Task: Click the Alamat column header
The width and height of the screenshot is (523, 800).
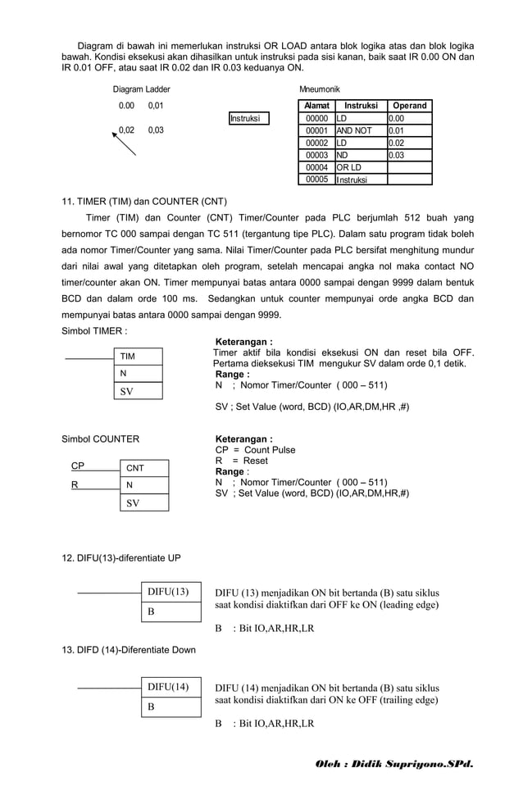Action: click(x=316, y=106)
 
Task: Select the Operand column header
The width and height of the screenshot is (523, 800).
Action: click(x=410, y=106)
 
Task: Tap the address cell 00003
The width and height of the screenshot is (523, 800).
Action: click(x=316, y=155)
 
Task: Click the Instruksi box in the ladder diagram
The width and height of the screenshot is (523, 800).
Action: click(x=249, y=118)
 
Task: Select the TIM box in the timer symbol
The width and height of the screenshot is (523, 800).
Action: click(x=138, y=357)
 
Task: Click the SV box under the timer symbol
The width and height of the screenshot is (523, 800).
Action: click(x=138, y=391)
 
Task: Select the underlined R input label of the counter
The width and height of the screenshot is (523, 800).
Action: click(x=75, y=484)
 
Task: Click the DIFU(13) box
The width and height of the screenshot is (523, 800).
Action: click(x=171, y=592)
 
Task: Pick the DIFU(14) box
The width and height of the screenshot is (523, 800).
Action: click(x=171, y=687)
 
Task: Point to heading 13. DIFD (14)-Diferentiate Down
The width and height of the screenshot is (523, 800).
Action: click(x=129, y=650)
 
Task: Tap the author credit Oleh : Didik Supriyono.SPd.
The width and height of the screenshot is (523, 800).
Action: click(x=394, y=764)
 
